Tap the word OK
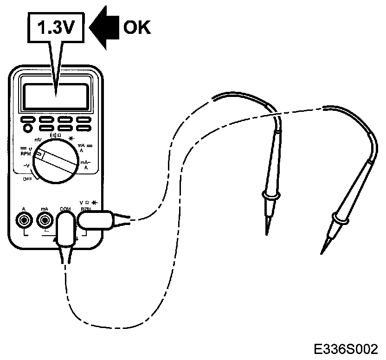[137, 27]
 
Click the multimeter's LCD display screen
[56, 96]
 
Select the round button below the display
[28, 128]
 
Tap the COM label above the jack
[65, 209]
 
